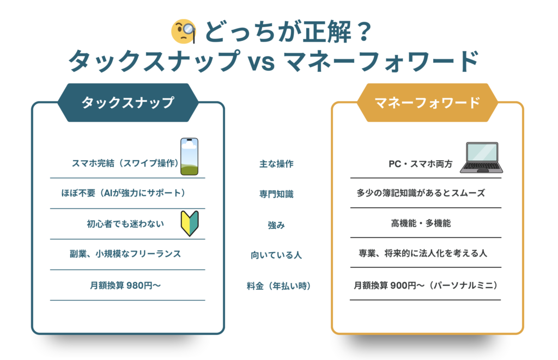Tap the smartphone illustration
click(x=189, y=157)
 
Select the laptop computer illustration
click(x=481, y=158)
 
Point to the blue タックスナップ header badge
click(x=128, y=102)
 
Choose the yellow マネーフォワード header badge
click(x=427, y=102)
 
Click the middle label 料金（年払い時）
click(x=279, y=285)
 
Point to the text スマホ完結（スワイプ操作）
click(x=125, y=163)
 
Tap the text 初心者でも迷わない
click(x=125, y=224)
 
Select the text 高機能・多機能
click(x=421, y=223)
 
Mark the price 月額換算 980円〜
click(x=125, y=285)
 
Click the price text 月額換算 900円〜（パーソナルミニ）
click(x=426, y=285)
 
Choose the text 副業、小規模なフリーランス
click(x=125, y=254)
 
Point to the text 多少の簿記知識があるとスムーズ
click(x=421, y=193)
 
